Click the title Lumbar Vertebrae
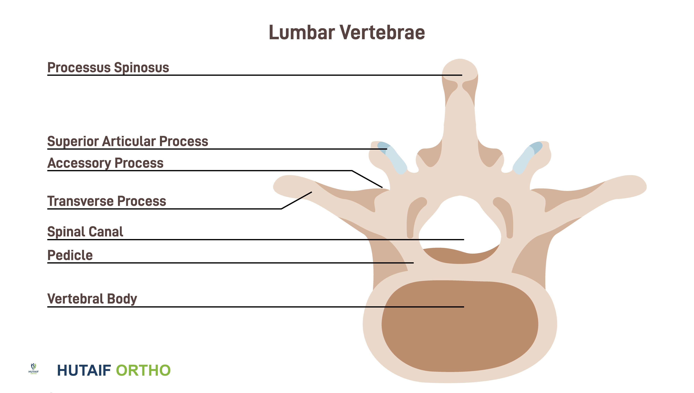coord(347,32)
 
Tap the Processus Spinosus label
coord(108,68)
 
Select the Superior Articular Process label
coord(128,141)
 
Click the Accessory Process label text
coord(105,163)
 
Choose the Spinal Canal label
coord(85,232)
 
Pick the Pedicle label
coord(70,255)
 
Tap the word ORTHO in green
coord(143,370)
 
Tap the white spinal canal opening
coord(460,224)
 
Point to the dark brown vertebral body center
coord(460,326)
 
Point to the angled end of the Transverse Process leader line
coord(312,192)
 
